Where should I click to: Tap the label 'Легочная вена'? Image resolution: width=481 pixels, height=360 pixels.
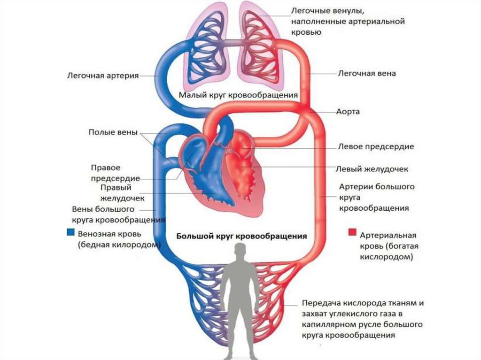(367, 74)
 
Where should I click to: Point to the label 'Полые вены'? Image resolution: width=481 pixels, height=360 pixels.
(113, 132)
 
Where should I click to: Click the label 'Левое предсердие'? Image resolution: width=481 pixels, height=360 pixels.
(376, 147)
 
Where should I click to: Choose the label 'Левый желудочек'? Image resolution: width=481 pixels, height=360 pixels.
(373, 169)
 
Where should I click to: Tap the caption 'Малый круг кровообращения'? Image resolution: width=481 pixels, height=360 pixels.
(238, 95)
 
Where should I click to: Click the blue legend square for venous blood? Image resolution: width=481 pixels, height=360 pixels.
(70, 232)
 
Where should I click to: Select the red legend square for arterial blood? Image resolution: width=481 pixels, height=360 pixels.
(352, 232)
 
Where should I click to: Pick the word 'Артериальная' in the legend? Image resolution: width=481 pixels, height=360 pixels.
(388, 235)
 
